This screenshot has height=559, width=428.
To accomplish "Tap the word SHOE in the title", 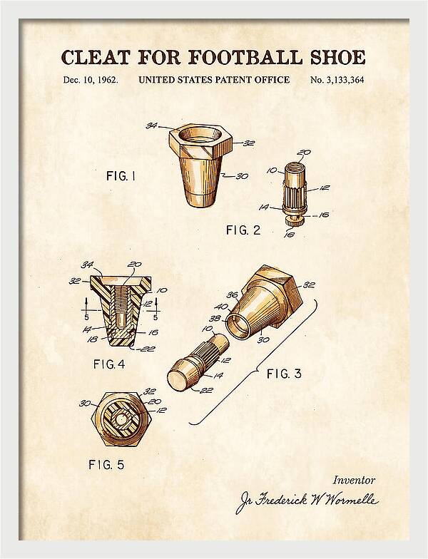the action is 337,58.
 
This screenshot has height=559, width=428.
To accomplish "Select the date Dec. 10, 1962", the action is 91,80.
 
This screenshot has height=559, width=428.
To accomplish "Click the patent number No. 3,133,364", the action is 337,80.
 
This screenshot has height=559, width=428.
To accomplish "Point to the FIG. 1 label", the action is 121,175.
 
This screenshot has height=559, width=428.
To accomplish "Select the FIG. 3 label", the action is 284,374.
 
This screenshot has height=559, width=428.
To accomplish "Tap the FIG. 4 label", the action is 109,364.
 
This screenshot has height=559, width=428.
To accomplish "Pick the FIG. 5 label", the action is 106,465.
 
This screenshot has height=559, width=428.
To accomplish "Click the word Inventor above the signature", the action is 354,481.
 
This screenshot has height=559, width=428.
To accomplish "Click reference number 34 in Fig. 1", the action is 152,125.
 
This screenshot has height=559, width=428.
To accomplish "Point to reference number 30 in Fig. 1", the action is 242,176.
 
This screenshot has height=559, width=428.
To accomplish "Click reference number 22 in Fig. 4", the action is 147,349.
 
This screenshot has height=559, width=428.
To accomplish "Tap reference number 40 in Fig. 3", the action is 221,307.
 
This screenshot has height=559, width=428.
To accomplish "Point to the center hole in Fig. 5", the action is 123,419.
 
